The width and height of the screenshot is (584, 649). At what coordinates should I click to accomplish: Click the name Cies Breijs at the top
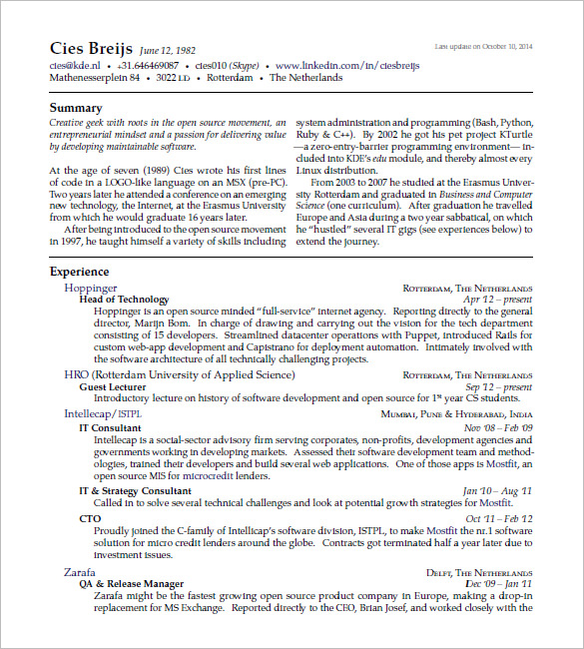pyautogui.click(x=91, y=48)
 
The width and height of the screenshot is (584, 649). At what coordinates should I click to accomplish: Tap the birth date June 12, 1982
pyautogui.click(x=169, y=50)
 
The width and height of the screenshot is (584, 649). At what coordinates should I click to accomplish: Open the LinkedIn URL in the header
pyautogui.click(x=333, y=65)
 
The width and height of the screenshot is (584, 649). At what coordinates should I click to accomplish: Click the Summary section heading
pyautogui.click(x=76, y=108)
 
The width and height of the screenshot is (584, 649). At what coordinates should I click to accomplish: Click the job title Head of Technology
pyautogui.click(x=124, y=300)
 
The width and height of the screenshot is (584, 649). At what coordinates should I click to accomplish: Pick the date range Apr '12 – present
pyautogui.click(x=498, y=300)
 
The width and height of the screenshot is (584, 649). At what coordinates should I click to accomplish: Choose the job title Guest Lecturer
pyautogui.click(x=113, y=386)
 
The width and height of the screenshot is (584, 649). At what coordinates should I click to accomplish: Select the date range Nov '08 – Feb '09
pyautogui.click(x=498, y=427)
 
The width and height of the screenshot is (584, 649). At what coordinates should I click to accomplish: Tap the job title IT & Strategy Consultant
pyautogui.click(x=135, y=491)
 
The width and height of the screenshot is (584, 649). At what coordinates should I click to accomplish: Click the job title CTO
pyautogui.click(x=90, y=519)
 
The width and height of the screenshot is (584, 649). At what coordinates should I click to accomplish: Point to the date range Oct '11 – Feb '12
pyautogui.click(x=499, y=519)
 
